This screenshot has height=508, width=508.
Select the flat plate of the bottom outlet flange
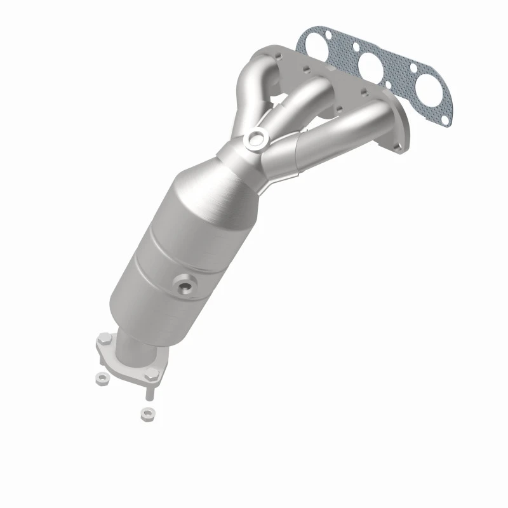[127, 362]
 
